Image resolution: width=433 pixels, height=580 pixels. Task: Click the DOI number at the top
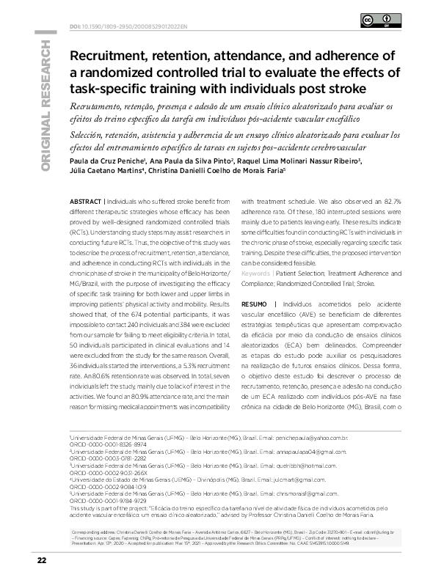(117, 27)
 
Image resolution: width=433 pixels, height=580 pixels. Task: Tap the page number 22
(42, 560)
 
